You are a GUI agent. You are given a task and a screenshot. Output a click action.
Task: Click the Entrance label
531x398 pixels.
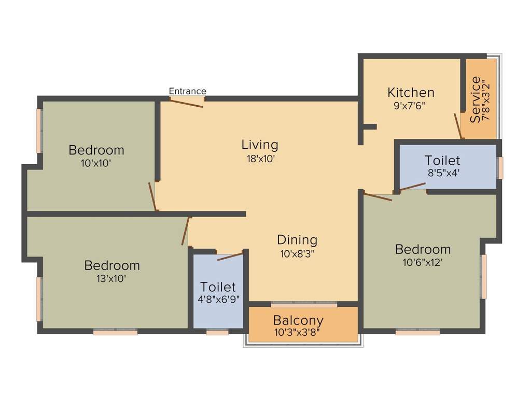pos(187,91)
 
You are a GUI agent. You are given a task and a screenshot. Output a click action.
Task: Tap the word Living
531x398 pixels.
pos(260,145)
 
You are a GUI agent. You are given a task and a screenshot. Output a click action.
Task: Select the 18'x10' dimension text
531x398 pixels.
pos(260,158)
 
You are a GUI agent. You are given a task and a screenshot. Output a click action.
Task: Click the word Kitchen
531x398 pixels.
pos(411,93)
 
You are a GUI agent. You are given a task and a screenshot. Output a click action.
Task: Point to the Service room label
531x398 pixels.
pos(475,99)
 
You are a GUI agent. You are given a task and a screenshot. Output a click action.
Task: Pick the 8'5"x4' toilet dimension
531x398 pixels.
pos(442,174)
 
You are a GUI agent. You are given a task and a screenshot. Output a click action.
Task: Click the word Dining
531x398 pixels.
pos(297,240)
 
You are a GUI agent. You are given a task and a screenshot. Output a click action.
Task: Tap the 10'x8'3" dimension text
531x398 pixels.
pos(297,253)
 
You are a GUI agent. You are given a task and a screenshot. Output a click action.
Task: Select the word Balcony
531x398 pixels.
pos(298,320)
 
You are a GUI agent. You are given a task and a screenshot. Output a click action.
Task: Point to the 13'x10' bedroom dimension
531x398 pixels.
pos(112,278)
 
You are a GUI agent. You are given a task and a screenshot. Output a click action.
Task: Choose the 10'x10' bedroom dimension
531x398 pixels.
pos(96,163)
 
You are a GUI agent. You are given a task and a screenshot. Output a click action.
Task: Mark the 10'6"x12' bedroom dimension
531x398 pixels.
pos(423,262)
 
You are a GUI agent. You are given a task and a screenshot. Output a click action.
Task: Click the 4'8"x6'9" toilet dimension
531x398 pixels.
pos(218,299)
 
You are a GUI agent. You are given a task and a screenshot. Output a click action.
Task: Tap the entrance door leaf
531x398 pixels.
pos(187,103)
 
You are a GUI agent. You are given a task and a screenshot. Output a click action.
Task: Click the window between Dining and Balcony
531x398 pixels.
pos(304,304)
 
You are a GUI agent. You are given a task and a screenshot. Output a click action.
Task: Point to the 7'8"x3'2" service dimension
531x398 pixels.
pos(486,100)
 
